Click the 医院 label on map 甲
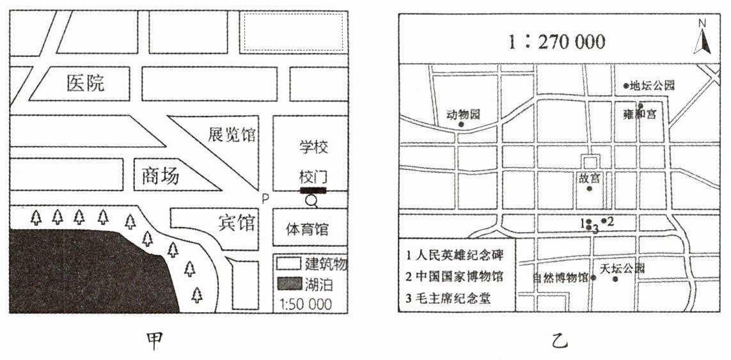click(x=86, y=82)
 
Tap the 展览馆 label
click(x=232, y=136)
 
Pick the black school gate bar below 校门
click(x=313, y=190)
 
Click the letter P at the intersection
click(x=265, y=199)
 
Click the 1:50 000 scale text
click(x=306, y=303)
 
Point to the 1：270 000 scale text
click(x=556, y=42)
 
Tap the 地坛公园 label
click(x=652, y=85)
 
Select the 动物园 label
click(x=462, y=115)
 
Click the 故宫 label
click(x=589, y=176)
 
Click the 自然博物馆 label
click(x=561, y=278)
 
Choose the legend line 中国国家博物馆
click(x=455, y=276)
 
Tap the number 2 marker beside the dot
click(x=611, y=222)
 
